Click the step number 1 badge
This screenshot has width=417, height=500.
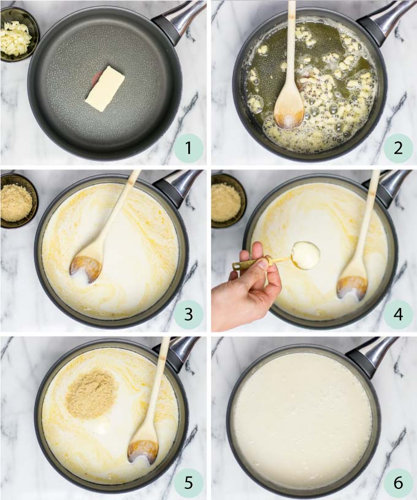(x=188, y=148)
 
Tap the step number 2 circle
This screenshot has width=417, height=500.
(x=399, y=148)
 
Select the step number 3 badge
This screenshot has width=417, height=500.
(x=188, y=315)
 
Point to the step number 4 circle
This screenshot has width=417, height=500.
(x=399, y=315)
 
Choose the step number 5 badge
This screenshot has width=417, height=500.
(x=188, y=482)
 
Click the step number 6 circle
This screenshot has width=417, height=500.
(x=399, y=482)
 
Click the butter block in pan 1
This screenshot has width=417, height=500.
(x=104, y=89)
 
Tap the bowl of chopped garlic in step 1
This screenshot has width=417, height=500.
(x=16, y=36)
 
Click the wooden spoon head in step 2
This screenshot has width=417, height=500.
(x=289, y=109)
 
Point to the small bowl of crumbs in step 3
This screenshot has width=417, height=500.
(x=17, y=200)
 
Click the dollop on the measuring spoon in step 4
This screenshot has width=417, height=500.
(x=305, y=255)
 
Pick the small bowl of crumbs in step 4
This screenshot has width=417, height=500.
(x=227, y=200)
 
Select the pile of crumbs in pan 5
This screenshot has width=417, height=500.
(x=91, y=393)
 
